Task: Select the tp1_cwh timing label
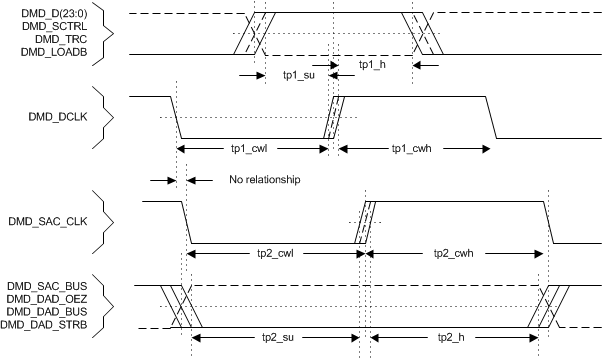(x=412, y=147)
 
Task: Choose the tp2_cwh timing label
(x=455, y=255)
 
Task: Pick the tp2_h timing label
(x=453, y=337)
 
